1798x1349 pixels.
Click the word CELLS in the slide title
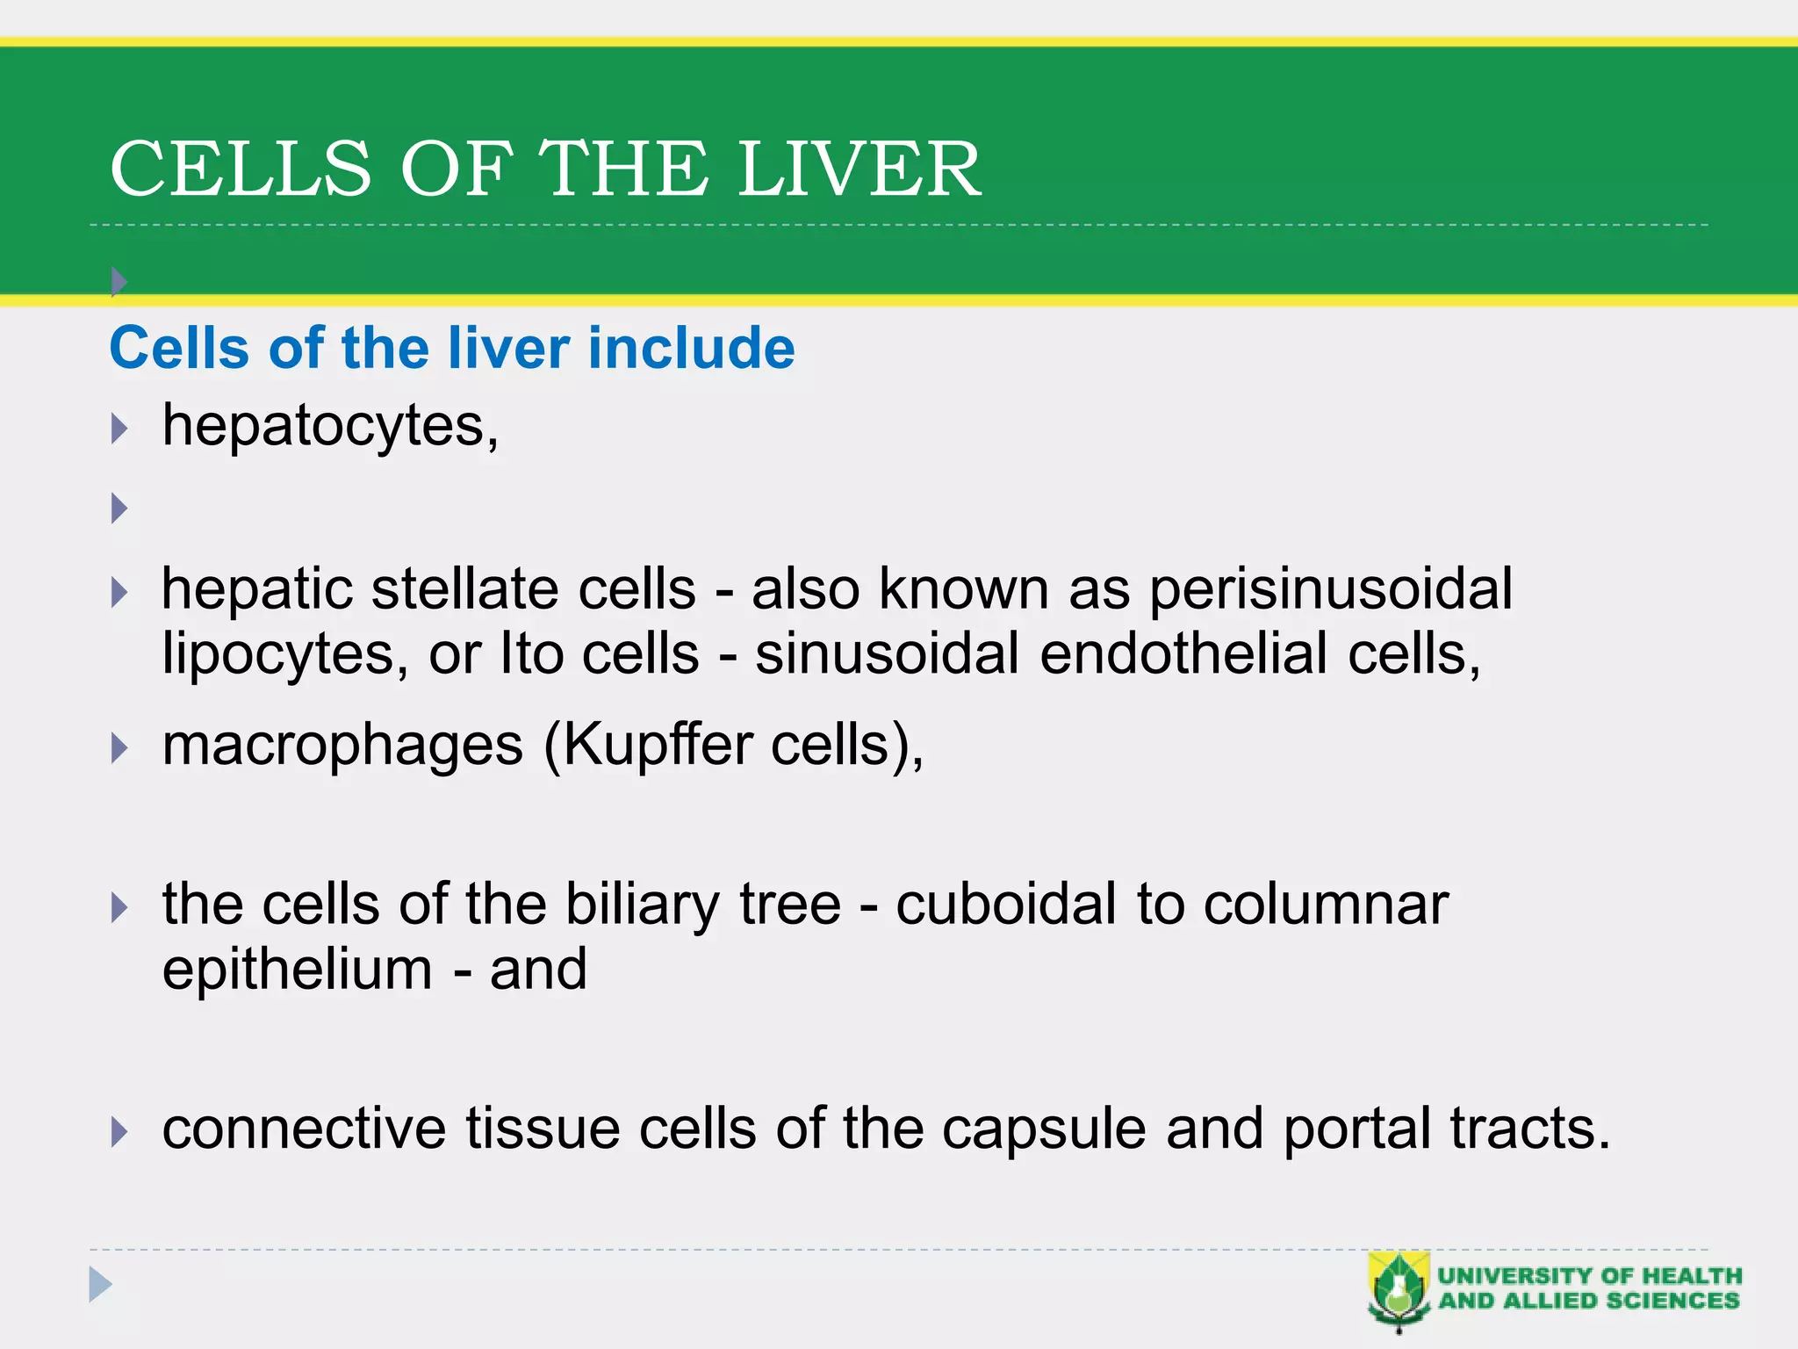241,169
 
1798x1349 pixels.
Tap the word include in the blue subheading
691,348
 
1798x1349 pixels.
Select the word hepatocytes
329,427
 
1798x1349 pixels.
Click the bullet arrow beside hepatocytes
120,429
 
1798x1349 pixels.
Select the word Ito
530,654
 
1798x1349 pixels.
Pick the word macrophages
342,747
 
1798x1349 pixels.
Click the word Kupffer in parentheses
657,747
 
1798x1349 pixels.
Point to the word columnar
1326,905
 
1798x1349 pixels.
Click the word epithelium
297,970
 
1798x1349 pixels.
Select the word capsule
1044,1129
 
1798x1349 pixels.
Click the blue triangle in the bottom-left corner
100,1285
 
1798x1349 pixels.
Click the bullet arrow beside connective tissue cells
120,1132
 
